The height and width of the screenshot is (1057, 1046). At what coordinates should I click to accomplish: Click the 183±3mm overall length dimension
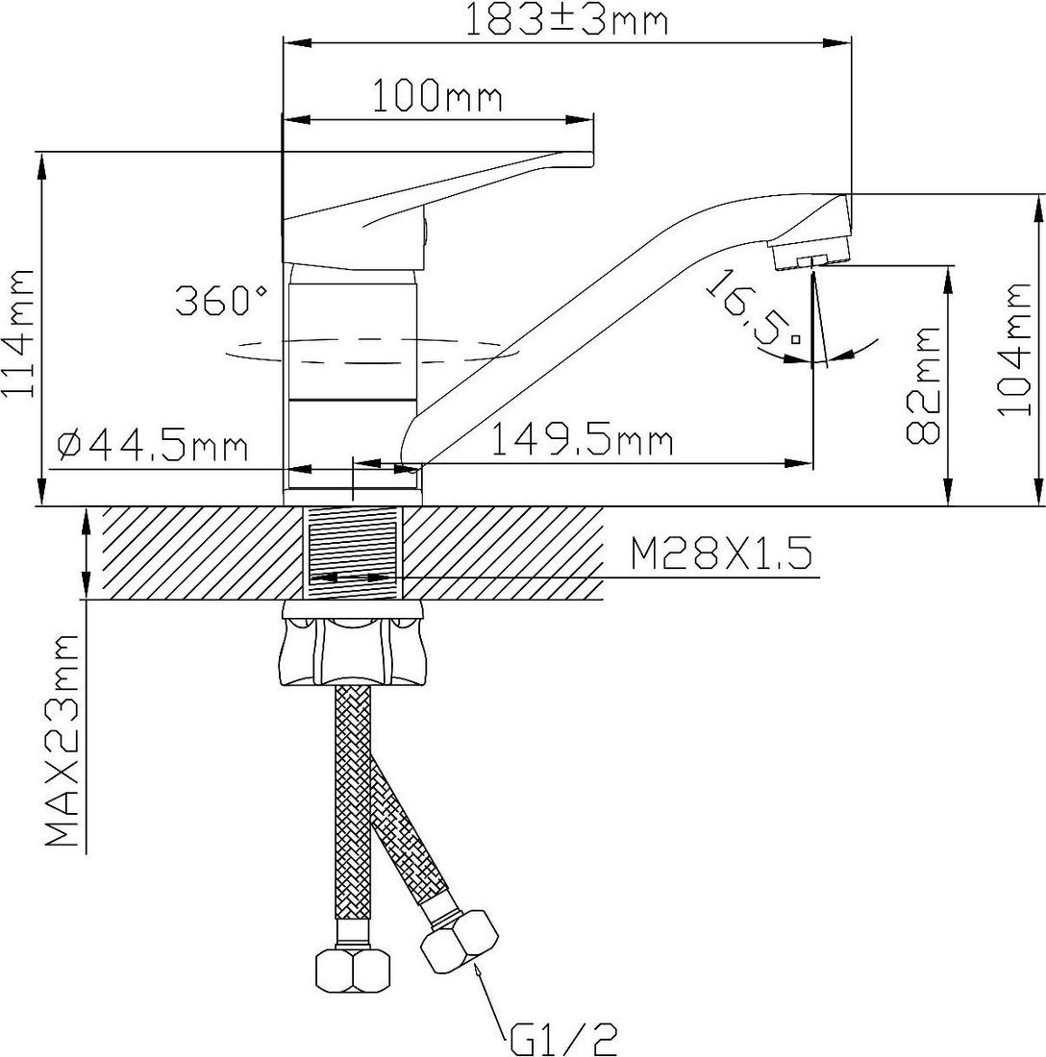click(566, 21)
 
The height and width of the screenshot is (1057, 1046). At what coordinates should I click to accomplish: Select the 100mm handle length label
click(436, 96)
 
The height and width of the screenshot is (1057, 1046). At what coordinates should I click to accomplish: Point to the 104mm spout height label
click(1014, 349)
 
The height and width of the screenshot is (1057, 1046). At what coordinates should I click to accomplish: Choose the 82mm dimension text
click(923, 385)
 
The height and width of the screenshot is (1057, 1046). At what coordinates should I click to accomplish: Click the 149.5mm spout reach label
click(583, 442)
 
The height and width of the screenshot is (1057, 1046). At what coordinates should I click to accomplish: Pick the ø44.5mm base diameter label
click(153, 446)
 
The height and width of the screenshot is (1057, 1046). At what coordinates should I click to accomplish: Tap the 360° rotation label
click(222, 301)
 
